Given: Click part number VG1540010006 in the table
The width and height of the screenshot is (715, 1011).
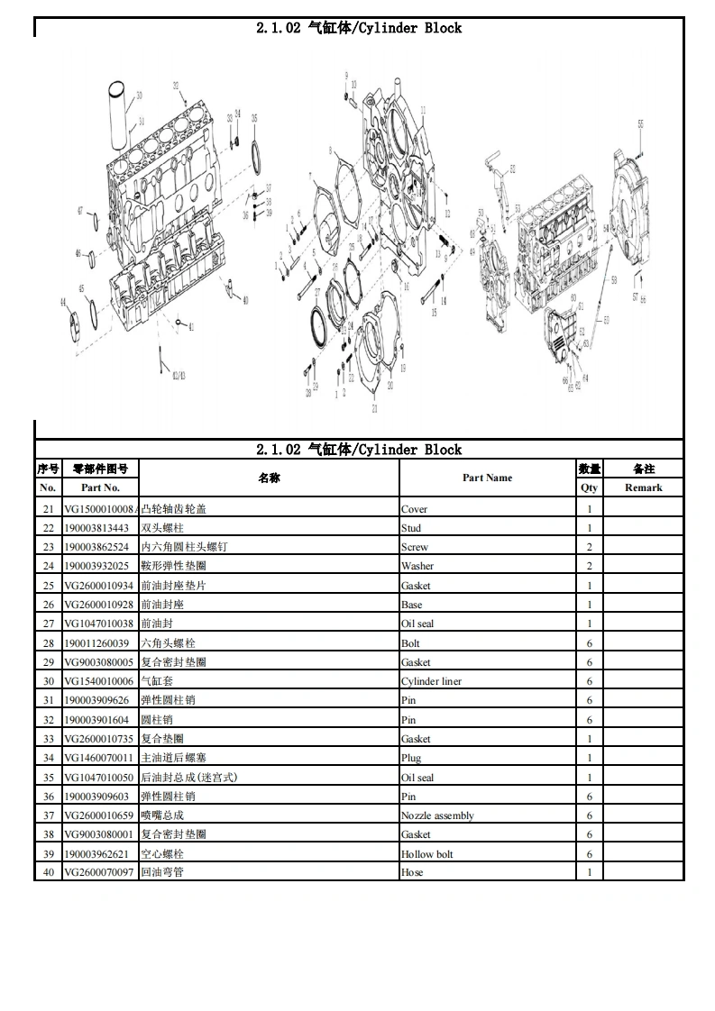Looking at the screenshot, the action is pos(98,681).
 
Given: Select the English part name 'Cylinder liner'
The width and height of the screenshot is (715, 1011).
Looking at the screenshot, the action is pos(431,681).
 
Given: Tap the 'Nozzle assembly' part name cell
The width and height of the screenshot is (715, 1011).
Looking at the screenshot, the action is pos(437,815).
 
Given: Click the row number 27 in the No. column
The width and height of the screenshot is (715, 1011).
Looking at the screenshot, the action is pos(49,624).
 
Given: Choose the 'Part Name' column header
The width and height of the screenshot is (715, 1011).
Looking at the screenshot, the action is pos(487,478).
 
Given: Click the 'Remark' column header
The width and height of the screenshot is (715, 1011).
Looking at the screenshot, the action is pos(643,487).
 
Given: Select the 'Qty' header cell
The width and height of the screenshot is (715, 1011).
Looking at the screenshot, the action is pos(589,487).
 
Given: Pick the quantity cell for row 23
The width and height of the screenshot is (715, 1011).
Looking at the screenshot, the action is pos(590,547).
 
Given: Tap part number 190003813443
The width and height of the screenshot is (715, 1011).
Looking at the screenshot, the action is pos(96,528).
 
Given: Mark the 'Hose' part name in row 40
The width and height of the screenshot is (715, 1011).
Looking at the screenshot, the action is pos(412,872).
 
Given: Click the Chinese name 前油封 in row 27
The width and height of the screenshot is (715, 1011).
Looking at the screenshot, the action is pos(157,624).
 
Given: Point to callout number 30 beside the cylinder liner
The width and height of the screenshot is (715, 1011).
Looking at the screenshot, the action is pos(139,95).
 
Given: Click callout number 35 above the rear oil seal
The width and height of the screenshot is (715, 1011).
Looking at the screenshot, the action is pos(254,119).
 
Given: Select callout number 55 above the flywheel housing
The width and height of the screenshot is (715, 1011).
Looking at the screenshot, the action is pos(640,123).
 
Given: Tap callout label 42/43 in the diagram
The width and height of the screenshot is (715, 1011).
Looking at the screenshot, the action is pos(178,374).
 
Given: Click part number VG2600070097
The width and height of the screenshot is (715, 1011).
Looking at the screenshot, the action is pos(98,872).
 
